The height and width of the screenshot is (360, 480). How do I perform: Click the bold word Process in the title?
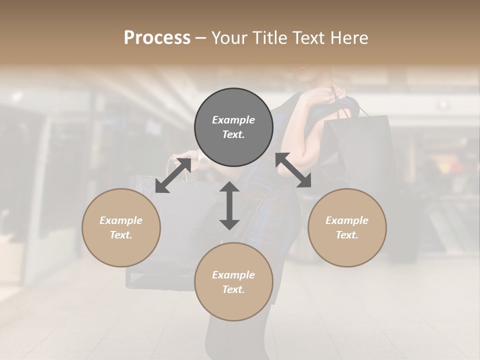coord(157,38)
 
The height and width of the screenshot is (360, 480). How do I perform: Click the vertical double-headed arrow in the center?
coord(229,205)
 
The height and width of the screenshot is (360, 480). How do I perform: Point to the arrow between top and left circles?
coord(173,175)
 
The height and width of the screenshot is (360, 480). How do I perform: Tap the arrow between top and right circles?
coord(293,170)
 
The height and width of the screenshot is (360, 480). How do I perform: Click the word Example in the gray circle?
coord(233,120)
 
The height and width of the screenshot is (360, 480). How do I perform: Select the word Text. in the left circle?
coord(121,235)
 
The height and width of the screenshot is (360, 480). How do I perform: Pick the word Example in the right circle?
coord(347,220)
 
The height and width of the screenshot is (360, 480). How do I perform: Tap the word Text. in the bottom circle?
coord(233,289)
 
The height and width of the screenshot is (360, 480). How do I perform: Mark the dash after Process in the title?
coord(201,38)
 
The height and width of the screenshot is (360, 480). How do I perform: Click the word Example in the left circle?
coord(121,220)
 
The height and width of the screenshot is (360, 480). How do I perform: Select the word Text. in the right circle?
coord(347,235)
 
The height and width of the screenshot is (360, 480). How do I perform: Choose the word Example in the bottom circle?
coord(233,275)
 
